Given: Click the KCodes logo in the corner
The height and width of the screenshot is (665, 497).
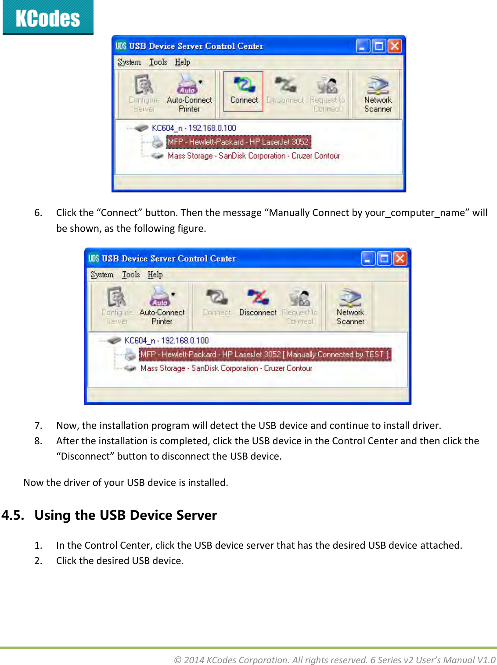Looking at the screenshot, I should [48, 18].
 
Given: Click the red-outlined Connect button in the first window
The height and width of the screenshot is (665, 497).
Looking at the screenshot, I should [243, 91].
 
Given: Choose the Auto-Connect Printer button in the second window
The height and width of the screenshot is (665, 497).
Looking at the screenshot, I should [162, 306].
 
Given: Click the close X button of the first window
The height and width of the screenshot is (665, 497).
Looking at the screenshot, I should [395, 46].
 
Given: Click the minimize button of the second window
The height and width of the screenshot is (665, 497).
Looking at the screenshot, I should [368, 259].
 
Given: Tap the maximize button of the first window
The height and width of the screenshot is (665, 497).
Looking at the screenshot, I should [378, 46].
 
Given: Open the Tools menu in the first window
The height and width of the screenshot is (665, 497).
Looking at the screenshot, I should [158, 62].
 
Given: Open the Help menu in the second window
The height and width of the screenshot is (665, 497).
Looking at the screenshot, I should [155, 275].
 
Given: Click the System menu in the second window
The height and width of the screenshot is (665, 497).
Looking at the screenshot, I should [102, 275].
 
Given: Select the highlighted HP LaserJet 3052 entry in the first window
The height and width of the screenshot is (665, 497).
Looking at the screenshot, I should [238, 142].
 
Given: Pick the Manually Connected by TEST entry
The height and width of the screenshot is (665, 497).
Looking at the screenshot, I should [265, 354].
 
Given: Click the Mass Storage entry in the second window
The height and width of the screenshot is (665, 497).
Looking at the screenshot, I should [226, 368].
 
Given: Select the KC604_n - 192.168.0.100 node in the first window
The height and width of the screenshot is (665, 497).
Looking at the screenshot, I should [194, 128].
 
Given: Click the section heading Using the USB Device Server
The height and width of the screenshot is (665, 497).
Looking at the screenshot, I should [126, 515].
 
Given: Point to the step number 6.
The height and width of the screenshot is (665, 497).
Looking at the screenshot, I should [38, 213].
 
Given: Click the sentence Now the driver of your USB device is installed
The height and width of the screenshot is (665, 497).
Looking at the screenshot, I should [126, 482].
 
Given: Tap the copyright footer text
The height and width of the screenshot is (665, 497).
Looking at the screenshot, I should [335, 660].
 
